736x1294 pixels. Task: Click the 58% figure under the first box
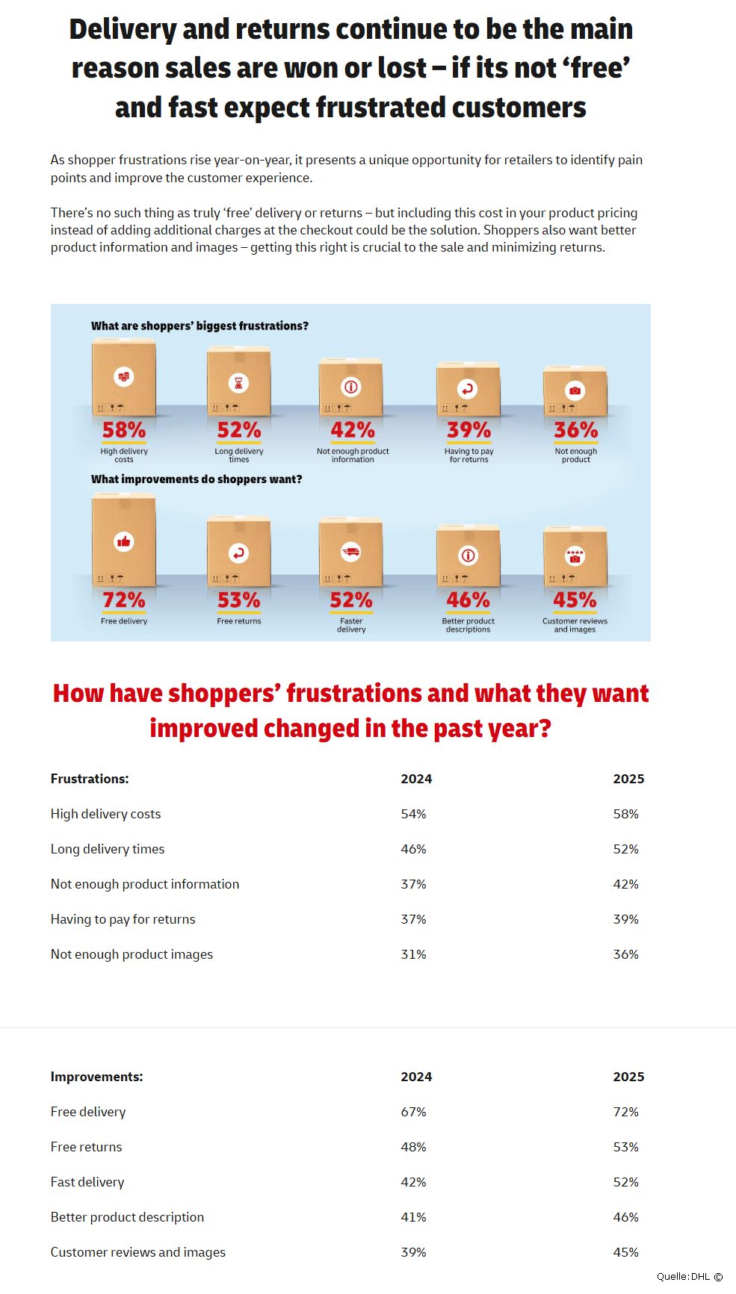click(x=124, y=430)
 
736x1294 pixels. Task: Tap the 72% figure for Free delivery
click(x=124, y=600)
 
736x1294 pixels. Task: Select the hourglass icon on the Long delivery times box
click(x=238, y=383)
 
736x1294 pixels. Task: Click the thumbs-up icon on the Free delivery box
click(x=124, y=542)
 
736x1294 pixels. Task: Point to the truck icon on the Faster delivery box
click(x=350, y=552)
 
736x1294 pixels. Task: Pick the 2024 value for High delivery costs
click(x=413, y=814)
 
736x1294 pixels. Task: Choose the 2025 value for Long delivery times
click(x=625, y=849)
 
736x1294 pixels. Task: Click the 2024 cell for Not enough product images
click(x=413, y=954)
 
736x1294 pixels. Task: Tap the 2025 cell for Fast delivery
click(x=625, y=1182)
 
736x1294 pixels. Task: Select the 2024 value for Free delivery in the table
click(x=413, y=1112)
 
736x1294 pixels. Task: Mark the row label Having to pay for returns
click(x=123, y=919)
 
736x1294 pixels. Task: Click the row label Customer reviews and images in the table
click(x=137, y=1252)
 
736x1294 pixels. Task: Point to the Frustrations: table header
click(x=90, y=779)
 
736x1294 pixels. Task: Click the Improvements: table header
click(x=96, y=1077)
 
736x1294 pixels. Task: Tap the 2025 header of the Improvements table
click(x=628, y=1077)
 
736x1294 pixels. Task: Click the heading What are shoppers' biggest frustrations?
click(x=200, y=326)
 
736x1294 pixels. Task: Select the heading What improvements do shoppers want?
click(x=197, y=479)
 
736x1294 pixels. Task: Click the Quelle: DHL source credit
click(x=689, y=1277)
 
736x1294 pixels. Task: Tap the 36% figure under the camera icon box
click(x=575, y=430)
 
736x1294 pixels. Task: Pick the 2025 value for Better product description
click(x=625, y=1217)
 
